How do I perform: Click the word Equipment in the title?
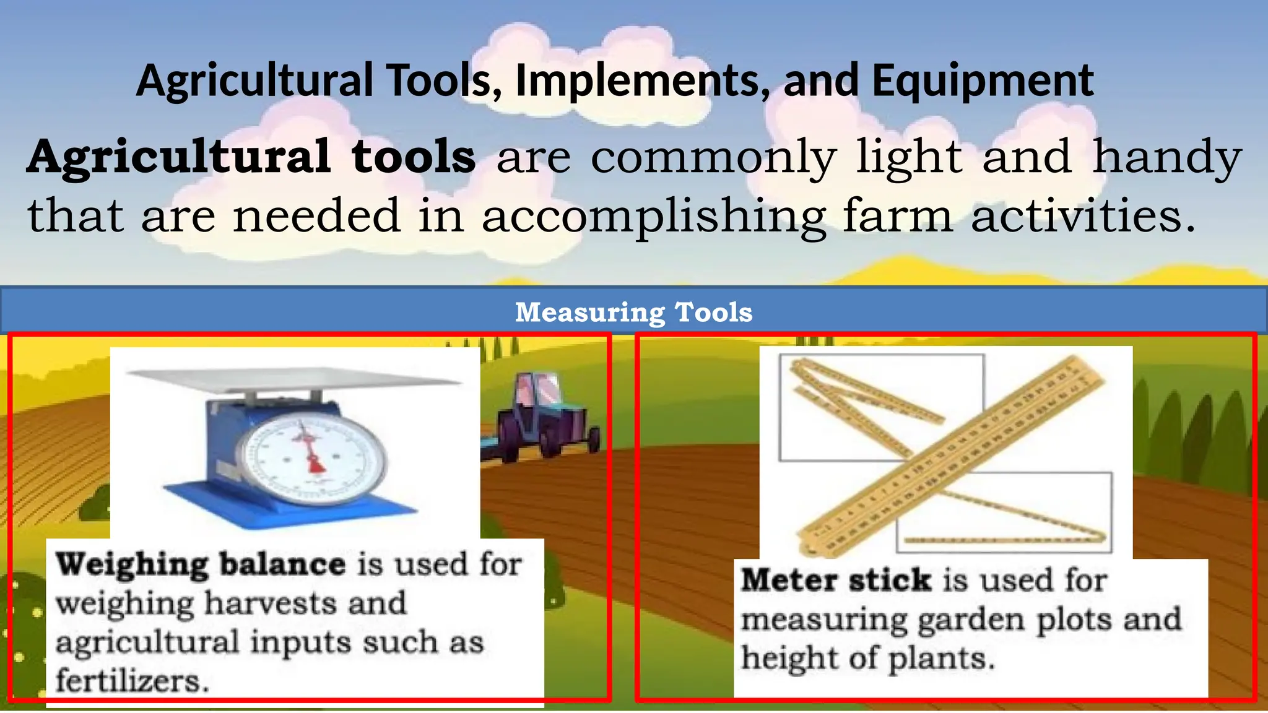983,81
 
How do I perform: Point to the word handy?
1167,158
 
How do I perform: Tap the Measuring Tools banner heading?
634,312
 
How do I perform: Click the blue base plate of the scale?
291,504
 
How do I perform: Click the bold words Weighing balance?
201,564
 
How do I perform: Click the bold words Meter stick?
836,581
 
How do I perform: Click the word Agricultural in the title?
254,81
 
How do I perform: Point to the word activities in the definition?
1083,215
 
